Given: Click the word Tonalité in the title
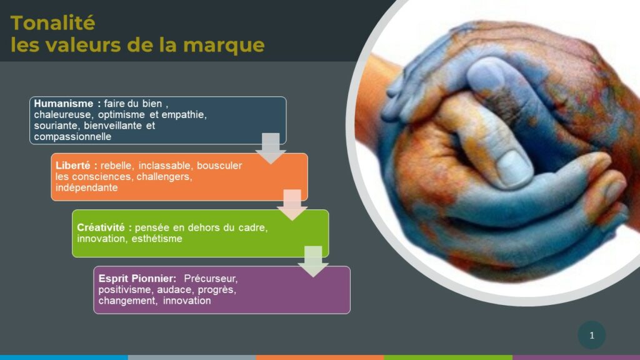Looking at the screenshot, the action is (x=52, y=23).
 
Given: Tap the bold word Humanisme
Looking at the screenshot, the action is (x=63, y=104).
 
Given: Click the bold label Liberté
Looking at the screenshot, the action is (x=73, y=165).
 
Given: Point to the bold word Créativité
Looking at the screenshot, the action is (x=101, y=227).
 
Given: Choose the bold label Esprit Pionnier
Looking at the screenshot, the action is (x=137, y=278).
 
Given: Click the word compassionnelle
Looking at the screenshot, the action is (x=72, y=137).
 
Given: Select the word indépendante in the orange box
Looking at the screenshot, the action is (x=86, y=187).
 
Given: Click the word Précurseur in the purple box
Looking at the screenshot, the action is (x=211, y=278).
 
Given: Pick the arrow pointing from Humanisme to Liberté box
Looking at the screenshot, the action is (x=271, y=149).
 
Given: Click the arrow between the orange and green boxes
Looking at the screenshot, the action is (x=292, y=205).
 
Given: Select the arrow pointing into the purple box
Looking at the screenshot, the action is (x=314, y=262).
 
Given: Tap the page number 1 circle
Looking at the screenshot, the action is (x=592, y=335).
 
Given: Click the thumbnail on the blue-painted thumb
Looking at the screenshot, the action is (x=515, y=166).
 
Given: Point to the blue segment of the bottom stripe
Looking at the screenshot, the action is (x=64, y=357).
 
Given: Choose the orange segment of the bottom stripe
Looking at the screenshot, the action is (x=320, y=357).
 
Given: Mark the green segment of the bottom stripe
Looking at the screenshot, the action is (x=448, y=357).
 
